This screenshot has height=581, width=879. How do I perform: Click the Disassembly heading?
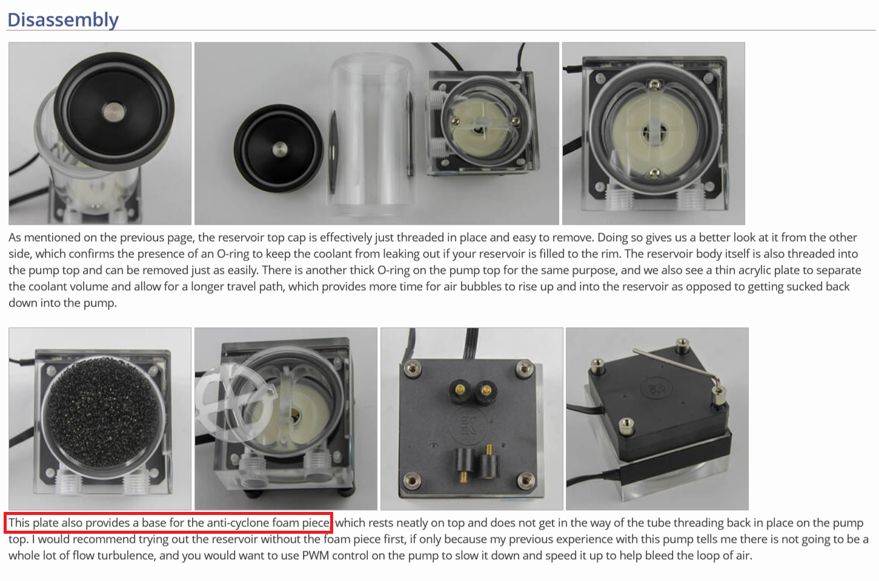coord(63,19)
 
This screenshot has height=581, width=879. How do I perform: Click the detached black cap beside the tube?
coord(278,148)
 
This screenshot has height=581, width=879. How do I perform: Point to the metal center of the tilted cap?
coord(114,111)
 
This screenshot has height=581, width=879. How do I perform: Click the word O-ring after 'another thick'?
coord(395,270)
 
